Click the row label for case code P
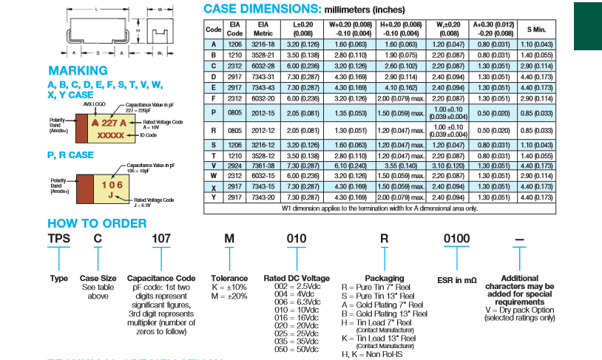click(x=213, y=113)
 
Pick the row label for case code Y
click(x=213, y=198)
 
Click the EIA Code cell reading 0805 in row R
click(x=234, y=130)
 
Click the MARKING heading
click(x=73, y=71)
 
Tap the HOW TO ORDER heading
click(x=94, y=223)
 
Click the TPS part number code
click(x=58, y=240)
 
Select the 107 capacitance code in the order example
click(x=161, y=240)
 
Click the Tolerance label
click(x=229, y=278)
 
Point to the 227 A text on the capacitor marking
click(x=104, y=123)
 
